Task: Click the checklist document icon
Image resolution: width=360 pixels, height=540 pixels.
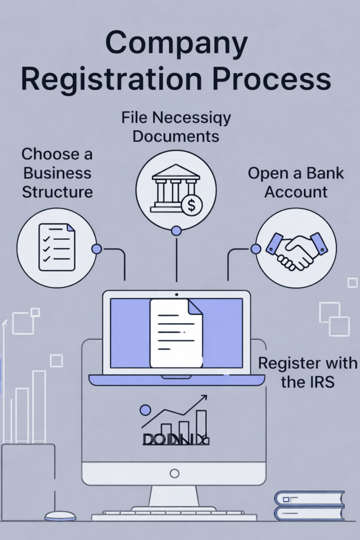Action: click(x=57, y=247)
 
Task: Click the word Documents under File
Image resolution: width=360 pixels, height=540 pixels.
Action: click(x=176, y=136)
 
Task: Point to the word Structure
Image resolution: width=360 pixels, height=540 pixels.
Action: click(x=57, y=191)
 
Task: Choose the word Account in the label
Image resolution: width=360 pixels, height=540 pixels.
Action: click(x=296, y=192)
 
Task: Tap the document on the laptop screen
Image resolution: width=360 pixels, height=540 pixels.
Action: click(x=176, y=332)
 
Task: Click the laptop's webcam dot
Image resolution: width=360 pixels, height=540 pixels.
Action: click(x=176, y=294)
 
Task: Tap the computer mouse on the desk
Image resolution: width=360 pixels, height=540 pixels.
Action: click(x=60, y=516)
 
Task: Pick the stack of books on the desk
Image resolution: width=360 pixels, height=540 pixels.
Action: click(x=309, y=506)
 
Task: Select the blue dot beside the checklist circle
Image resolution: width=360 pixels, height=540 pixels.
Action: click(x=96, y=249)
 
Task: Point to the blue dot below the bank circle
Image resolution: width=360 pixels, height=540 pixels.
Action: click(x=176, y=230)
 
